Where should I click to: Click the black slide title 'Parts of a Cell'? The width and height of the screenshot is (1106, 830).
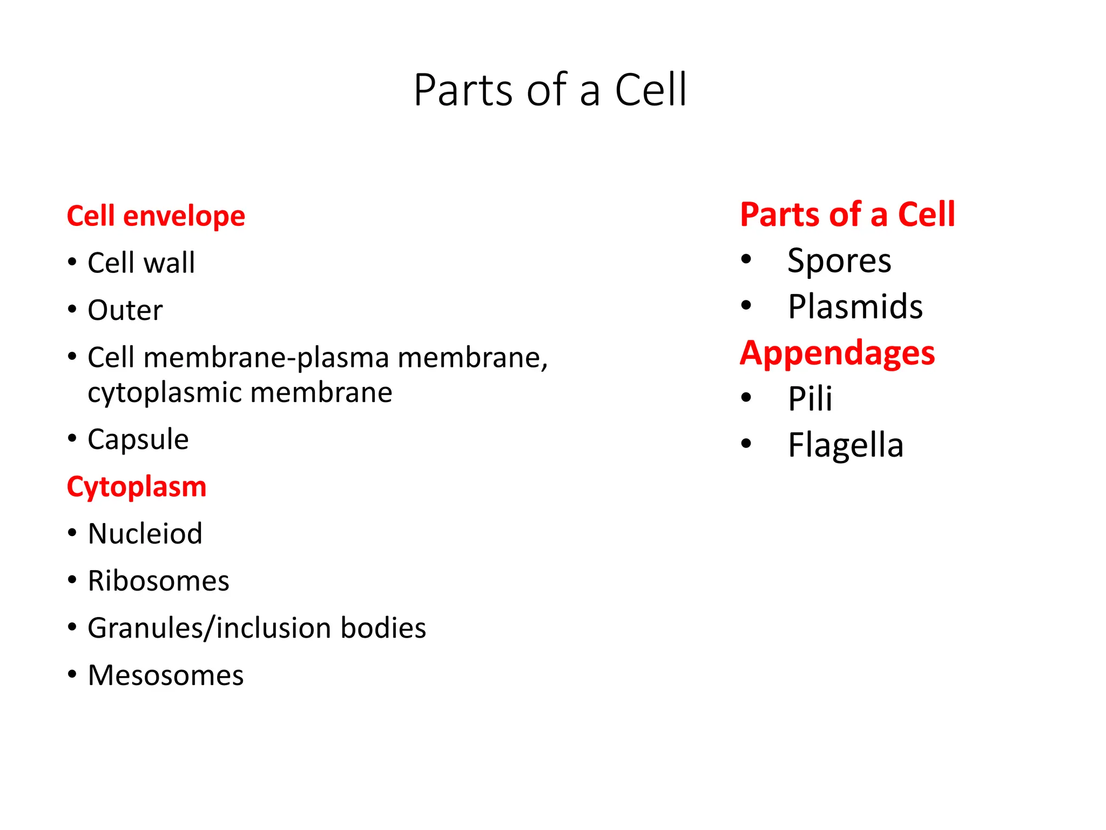coord(550,90)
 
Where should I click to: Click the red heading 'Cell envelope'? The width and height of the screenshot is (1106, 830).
coord(156,216)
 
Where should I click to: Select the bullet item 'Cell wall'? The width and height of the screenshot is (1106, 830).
coord(141,263)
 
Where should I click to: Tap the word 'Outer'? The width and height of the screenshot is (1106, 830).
coord(125,310)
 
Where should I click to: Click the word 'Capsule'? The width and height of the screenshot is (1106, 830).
coord(138,439)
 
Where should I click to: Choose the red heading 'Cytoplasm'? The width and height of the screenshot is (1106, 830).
coord(136,486)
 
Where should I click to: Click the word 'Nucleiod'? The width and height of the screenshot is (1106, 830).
coord(145,534)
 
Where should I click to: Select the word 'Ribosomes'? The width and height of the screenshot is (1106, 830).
coord(158,581)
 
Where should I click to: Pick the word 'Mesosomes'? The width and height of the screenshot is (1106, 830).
coord(165,675)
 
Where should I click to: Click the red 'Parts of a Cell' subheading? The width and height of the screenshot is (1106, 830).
coord(847,215)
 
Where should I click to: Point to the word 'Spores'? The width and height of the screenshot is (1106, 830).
coord(839,261)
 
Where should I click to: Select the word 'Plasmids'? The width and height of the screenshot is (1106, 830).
coord(855,307)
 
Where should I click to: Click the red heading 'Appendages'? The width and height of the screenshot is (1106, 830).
coord(837,353)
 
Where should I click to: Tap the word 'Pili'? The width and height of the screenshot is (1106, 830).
coord(810,399)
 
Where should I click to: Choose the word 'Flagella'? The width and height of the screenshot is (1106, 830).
coord(845,445)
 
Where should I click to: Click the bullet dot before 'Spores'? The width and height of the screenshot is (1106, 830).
coord(746,260)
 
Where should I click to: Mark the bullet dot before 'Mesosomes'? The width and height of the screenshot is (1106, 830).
coord(72,675)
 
